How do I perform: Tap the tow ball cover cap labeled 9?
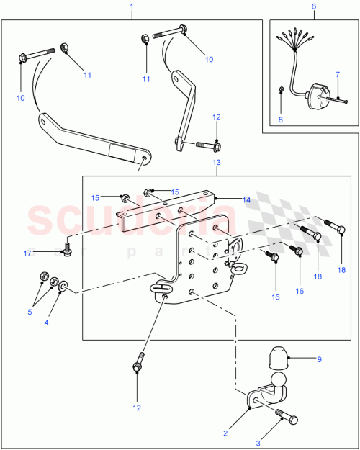(275, 357)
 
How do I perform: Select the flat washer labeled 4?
(66, 288)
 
